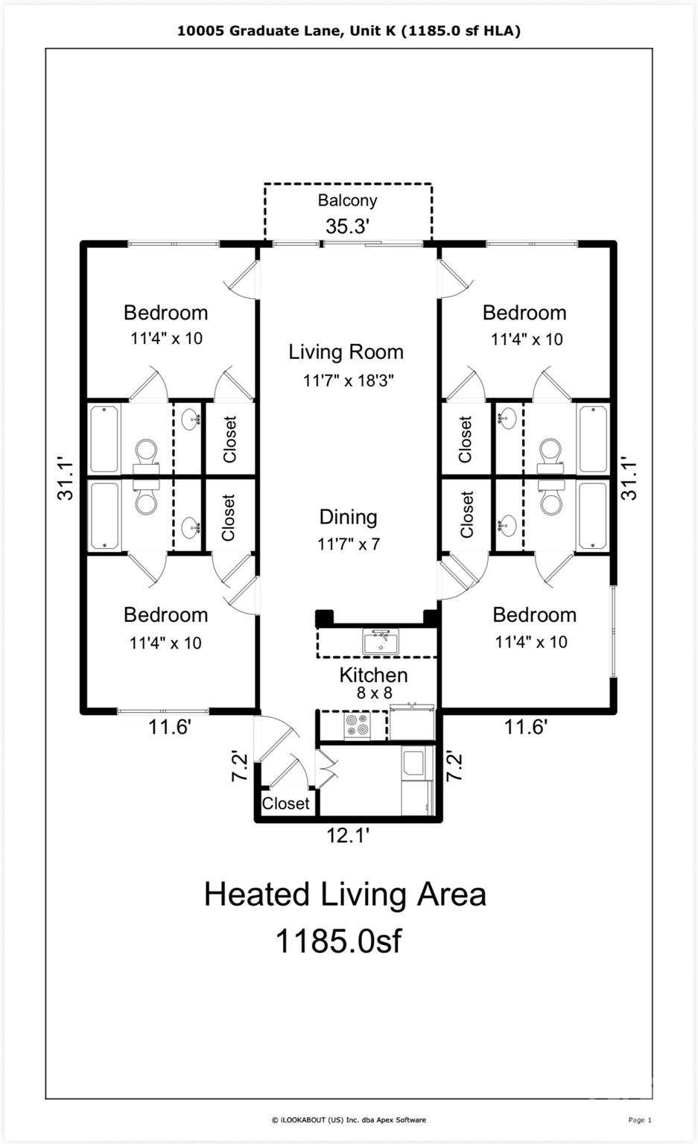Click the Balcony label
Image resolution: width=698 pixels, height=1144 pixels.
pos(347,200)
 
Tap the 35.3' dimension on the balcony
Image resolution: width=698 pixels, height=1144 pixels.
pos(347,226)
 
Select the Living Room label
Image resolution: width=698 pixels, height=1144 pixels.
pos(346,352)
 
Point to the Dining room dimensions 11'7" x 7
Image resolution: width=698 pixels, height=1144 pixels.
pos(349,544)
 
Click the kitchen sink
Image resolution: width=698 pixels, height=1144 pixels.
pos(381,642)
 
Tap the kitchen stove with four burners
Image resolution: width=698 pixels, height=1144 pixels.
pos(357,725)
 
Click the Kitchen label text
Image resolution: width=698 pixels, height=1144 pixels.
pos(373,676)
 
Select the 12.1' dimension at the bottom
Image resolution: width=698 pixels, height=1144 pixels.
pos(348,836)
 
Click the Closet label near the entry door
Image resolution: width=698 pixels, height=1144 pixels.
pos(285,804)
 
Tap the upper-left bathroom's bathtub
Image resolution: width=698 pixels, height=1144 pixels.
pos(105,439)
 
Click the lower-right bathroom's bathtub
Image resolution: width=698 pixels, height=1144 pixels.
pos(593,515)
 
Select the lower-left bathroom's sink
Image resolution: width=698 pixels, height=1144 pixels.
pos(191,527)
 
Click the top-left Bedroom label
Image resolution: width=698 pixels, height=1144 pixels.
pos(166,313)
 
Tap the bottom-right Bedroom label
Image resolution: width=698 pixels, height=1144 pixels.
pos(534,615)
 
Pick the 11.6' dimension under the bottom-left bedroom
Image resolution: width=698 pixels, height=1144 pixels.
pos(170,727)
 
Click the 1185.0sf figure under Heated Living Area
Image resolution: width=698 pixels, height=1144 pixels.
pos(339,941)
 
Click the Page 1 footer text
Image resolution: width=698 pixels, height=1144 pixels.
pos(640,1120)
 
